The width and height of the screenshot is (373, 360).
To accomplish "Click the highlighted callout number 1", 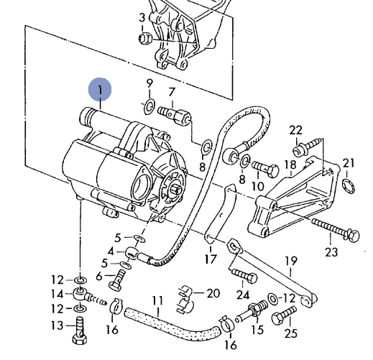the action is pyautogui.click(x=100, y=90).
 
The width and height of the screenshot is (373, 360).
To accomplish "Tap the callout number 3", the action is pyautogui.click(x=142, y=18).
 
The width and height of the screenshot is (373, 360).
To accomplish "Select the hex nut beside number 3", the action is pyautogui.click(x=145, y=39).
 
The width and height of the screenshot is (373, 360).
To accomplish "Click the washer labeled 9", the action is pyautogui.click(x=149, y=106).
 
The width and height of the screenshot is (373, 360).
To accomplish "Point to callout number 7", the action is pyautogui.click(x=172, y=92).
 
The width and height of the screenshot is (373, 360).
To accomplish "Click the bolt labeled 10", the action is pyautogui.click(x=265, y=168).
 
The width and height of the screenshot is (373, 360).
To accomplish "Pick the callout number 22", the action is pyautogui.click(x=296, y=130).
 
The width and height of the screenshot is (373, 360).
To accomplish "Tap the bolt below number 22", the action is pyautogui.click(x=307, y=146).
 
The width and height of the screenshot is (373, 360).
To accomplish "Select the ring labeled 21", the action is pyautogui.click(x=349, y=186).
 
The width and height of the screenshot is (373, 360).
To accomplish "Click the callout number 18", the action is pyautogui.click(x=290, y=165).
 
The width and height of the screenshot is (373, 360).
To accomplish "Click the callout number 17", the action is pyautogui.click(x=211, y=259).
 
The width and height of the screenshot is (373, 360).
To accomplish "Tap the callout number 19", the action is pyautogui.click(x=290, y=261).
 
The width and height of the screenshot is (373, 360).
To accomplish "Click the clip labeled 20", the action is pyautogui.click(x=185, y=300).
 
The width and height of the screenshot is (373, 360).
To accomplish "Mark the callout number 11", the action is pyautogui.click(x=157, y=300).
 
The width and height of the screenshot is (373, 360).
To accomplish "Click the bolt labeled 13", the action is pyautogui.click(x=80, y=331).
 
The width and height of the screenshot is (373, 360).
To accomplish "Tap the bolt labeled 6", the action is pyautogui.click(x=117, y=280).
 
